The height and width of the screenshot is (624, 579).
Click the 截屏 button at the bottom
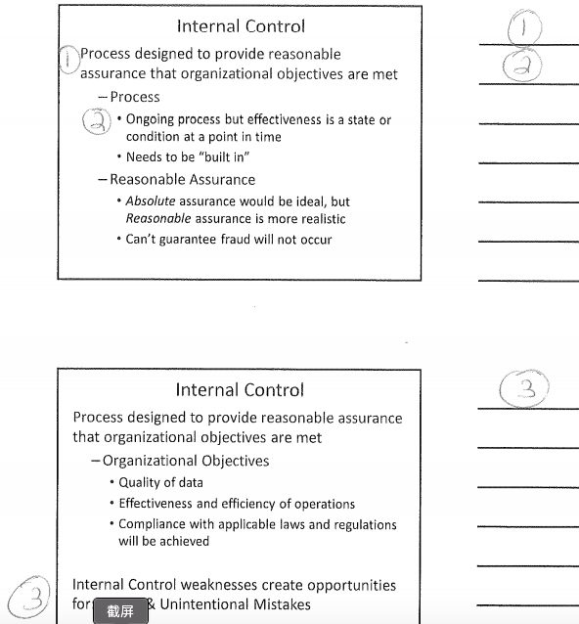(120, 611)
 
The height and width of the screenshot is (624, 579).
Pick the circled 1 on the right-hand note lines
(527, 27)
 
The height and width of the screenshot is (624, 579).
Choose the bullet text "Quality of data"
(161, 482)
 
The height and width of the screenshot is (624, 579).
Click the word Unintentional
(201, 604)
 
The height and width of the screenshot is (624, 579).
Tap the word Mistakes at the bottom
(280, 604)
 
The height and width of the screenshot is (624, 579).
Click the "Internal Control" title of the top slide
(240, 26)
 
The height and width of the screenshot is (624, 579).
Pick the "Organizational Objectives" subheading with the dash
(186, 461)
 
